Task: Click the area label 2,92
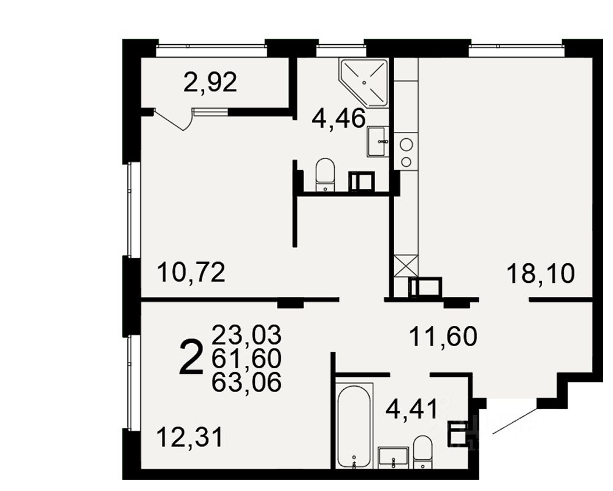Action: point(210,83)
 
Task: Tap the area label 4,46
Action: point(338,118)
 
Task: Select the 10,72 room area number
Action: point(191,273)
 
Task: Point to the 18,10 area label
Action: point(541,273)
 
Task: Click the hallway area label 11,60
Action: point(443,336)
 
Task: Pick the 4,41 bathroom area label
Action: point(411,410)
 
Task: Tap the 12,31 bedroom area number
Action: point(189,437)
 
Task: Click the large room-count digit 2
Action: point(191,357)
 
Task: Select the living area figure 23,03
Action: point(246,334)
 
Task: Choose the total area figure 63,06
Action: point(246,382)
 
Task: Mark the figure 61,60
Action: point(246,358)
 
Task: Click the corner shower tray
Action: point(364,83)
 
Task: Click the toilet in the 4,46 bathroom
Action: point(326,175)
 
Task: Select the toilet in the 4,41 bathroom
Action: point(422,452)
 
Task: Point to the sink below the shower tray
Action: point(378,142)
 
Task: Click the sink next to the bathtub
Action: point(394,458)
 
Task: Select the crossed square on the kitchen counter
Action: point(406,266)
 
